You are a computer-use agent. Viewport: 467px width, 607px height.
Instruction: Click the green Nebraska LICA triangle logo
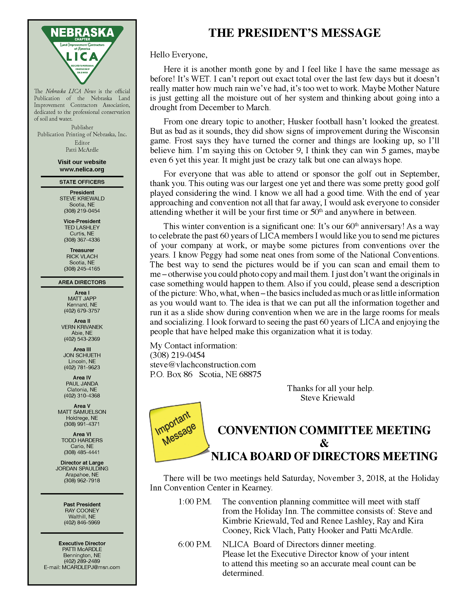(82, 53)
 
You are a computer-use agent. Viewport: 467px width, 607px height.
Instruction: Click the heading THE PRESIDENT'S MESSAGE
(294, 33)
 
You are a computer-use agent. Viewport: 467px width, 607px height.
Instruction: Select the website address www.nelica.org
(82, 169)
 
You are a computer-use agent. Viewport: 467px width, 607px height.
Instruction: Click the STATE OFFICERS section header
(82, 182)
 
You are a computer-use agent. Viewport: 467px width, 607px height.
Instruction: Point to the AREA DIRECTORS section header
(82, 282)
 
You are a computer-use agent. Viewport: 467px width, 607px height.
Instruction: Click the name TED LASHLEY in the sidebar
(82, 227)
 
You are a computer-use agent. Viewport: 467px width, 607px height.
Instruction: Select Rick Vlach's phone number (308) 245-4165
(82, 269)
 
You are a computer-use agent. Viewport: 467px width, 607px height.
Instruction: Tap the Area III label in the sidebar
(82, 349)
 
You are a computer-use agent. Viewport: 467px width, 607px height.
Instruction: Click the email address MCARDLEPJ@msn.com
(91, 567)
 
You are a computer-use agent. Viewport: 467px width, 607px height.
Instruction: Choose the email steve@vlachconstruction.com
(203, 365)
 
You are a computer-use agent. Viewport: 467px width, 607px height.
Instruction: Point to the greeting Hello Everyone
(179, 55)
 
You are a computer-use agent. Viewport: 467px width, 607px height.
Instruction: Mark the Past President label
(82, 505)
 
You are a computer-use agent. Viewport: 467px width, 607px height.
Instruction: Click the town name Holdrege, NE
(82, 418)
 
